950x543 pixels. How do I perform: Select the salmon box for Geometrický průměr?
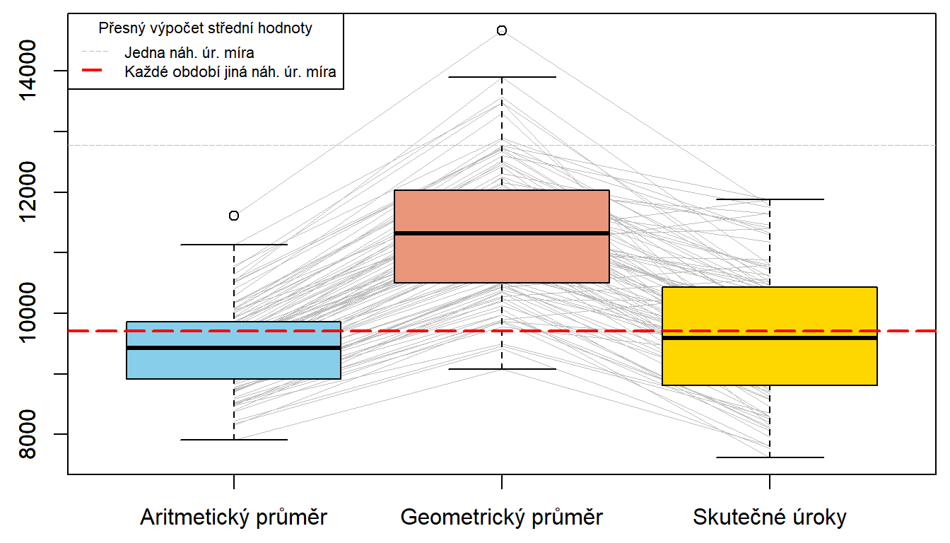click(x=502, y=258)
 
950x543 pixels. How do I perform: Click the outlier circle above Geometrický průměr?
click(x=502, y=30)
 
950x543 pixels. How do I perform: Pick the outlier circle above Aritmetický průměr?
click(x=234, y=216)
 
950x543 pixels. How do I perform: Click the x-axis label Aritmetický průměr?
click(x=233, y=518)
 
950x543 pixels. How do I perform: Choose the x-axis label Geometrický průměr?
click(x=502, y=518)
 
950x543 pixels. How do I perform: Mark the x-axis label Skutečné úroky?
click(x=769, y=518)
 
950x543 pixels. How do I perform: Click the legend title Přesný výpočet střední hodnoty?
click(x=206, y=29)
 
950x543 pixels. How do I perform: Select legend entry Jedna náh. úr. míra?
click(x=189, y=52)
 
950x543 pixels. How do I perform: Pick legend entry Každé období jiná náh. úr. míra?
click(x=230, y=71)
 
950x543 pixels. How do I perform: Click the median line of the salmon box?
click(x=502, y=233)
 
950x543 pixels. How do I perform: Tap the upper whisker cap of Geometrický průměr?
click(x=502, y=77)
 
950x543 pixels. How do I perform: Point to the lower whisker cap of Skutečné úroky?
click(x=769, y=457)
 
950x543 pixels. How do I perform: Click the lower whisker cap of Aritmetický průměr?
click(x=233, y=440)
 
